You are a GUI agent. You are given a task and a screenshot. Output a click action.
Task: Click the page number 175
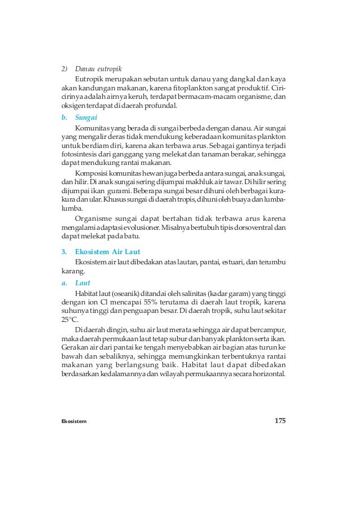click(280, 420)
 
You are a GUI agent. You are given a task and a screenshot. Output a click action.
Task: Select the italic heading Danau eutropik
click(98, 69)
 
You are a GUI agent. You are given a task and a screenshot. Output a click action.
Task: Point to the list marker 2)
click(64, 69)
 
